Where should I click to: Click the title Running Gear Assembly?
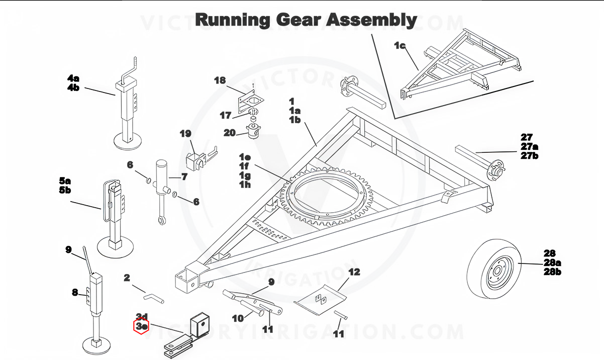click(306, 20)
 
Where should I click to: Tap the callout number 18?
click(220, 80)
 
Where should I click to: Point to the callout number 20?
click(229, 133)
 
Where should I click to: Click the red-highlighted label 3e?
click(142, 326)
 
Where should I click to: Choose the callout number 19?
click(185, 133)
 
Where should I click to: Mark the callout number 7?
click(184, 176)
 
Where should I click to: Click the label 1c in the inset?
click(400, 46)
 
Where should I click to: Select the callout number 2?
click(127, 278)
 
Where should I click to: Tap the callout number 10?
click(238, 318)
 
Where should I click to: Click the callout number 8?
click(75, 292)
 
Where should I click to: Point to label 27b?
click(529, 156)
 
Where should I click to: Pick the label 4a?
click(73, 78)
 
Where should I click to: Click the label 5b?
click(65, 190)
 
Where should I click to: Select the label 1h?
click(245, 185)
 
